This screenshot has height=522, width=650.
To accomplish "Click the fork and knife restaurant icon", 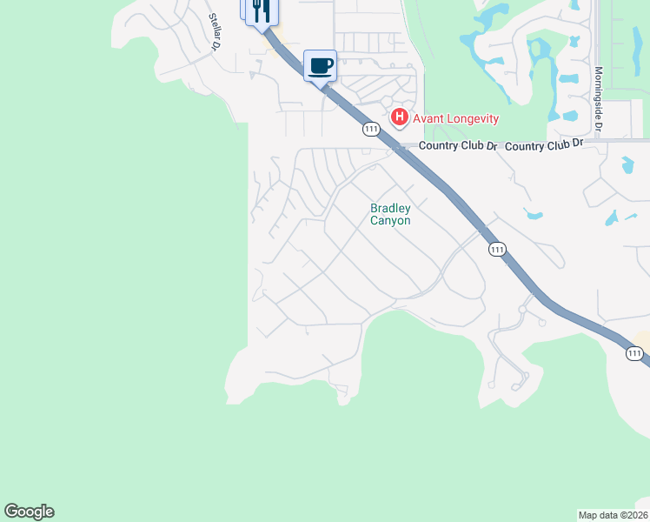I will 262,11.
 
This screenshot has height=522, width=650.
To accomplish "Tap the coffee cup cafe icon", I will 321,65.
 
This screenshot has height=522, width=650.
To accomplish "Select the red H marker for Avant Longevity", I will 400,117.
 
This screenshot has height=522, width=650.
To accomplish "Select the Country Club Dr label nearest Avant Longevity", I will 458,146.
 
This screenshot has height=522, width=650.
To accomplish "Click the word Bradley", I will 390,208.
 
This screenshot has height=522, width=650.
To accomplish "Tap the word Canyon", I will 390,221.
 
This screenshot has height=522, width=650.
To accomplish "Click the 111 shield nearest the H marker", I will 372,129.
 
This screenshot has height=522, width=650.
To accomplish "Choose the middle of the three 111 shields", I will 496,249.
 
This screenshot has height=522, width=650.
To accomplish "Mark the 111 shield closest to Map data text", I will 634,352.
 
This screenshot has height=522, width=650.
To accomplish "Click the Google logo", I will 30,512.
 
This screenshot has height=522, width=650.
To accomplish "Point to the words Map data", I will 598,514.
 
